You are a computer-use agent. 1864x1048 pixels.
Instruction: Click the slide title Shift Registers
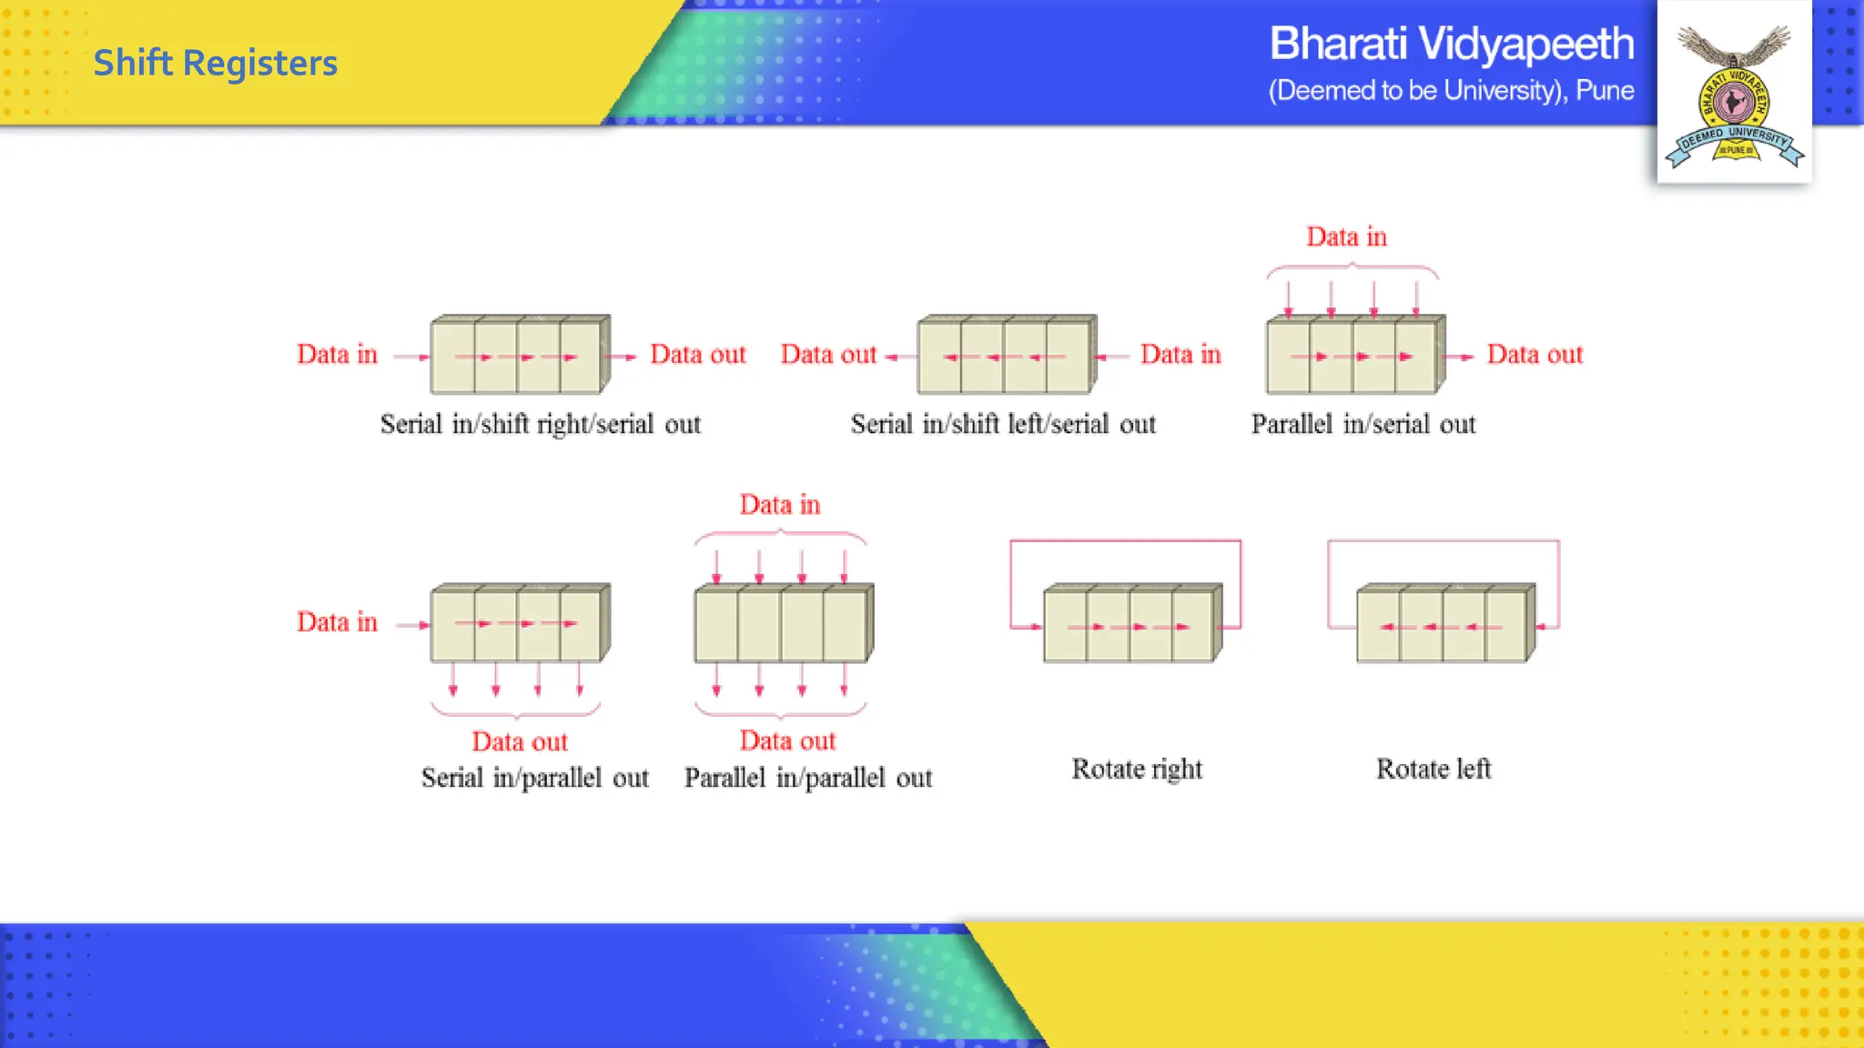(215, 63)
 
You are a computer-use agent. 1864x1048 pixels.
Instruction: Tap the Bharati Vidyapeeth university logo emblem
(1734, 96)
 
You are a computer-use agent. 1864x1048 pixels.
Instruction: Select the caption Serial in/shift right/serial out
(541, 424)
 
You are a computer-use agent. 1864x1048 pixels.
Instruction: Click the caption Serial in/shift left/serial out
(1003, 424)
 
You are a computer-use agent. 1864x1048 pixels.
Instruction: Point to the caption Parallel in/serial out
(1363, 424)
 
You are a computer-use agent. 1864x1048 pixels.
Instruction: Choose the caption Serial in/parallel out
(535, 778)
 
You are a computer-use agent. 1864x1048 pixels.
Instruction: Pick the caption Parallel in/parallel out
(808, 778)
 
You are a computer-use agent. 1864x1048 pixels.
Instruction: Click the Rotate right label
(1137, 769)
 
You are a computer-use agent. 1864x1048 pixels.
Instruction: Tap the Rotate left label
(1433, 769)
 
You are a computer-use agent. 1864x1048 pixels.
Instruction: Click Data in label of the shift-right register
(337, 354)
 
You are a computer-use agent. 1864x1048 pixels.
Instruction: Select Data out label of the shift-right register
(698, 354)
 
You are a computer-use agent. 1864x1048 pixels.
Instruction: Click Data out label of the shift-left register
(828, 354)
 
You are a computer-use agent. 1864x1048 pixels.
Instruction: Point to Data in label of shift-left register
(1180, 354)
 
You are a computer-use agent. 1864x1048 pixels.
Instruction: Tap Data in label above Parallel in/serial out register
(1346, 237)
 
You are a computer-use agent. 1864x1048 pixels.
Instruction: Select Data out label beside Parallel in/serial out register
(1535, 354)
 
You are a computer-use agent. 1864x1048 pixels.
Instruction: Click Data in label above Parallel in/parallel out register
(780, 504)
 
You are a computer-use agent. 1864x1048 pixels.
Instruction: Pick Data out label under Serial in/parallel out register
(520, 741)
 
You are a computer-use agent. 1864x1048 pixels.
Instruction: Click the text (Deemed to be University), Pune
(1451, 91)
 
